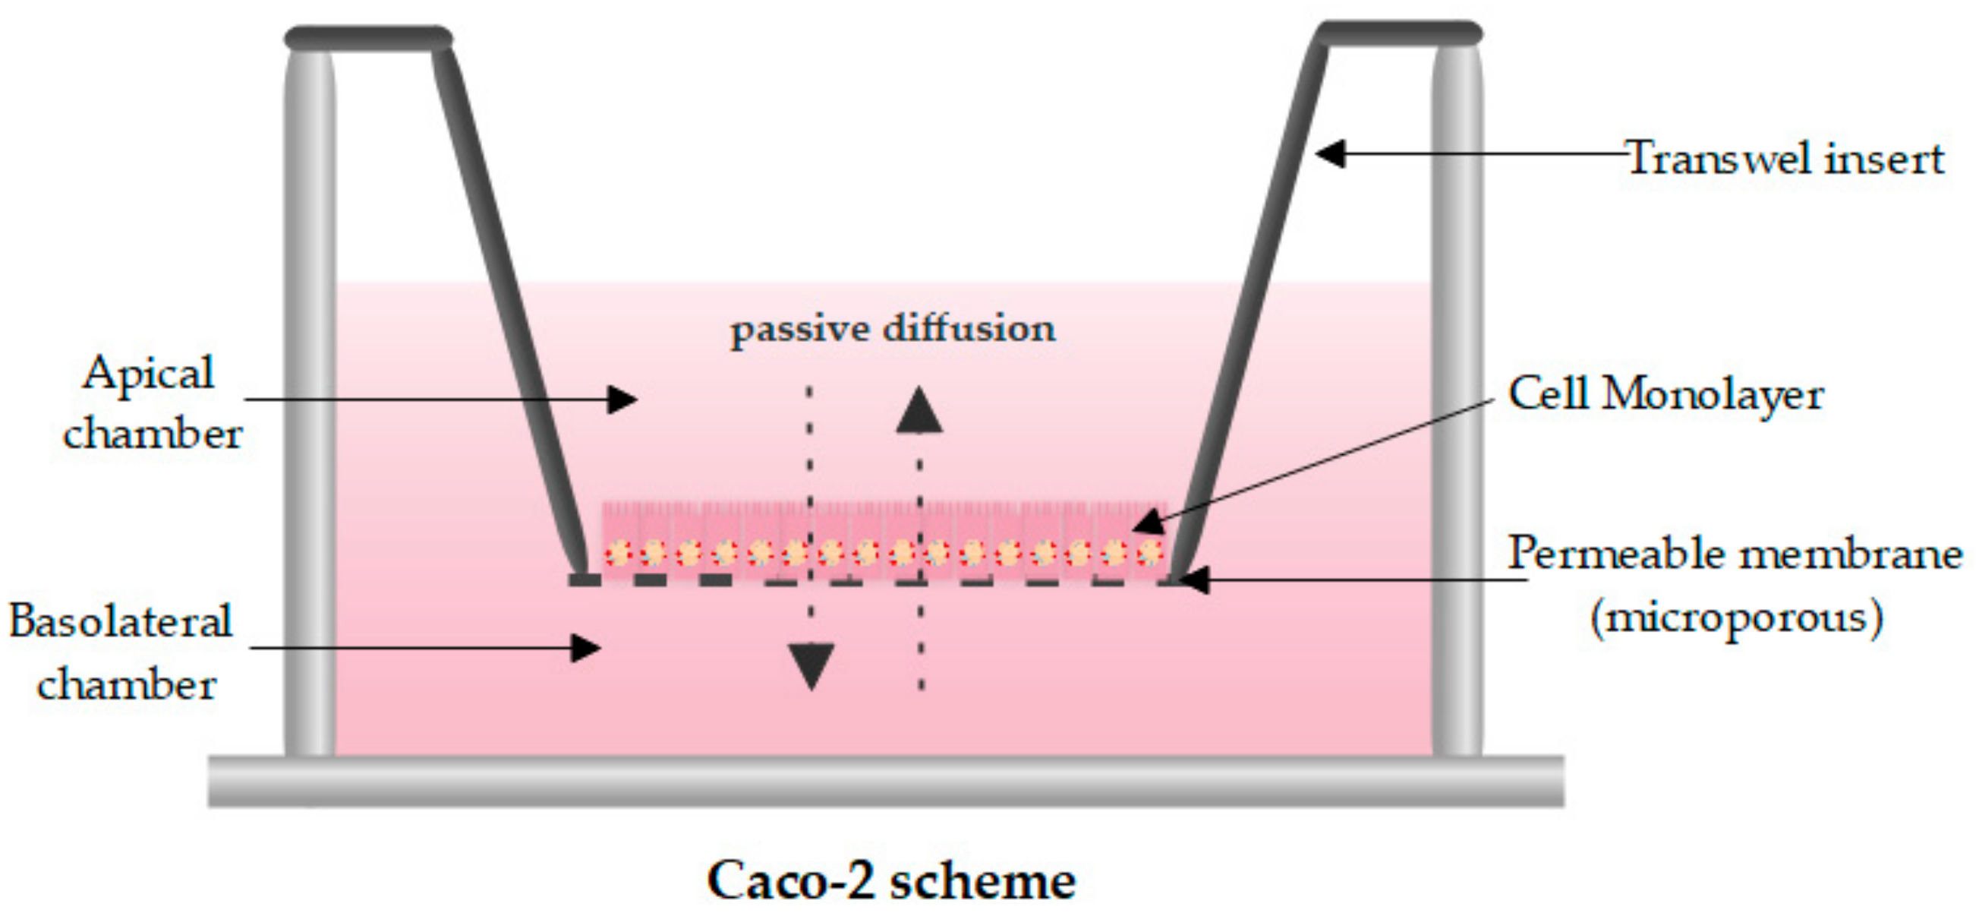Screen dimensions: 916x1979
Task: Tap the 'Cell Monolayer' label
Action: pos(1665,395)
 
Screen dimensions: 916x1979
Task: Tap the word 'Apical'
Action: pos(149,374)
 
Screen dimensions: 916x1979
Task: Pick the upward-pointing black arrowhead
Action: pos(919,410)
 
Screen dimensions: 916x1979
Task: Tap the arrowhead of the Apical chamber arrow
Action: pos(622,400)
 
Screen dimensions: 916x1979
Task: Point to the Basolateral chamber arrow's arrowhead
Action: pos(585,647)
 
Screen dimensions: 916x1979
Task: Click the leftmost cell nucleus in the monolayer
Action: pos(617,552)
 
